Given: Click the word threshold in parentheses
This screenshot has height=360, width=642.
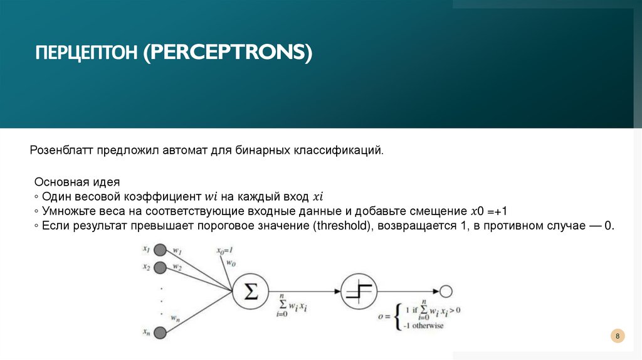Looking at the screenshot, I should tap(339, 226).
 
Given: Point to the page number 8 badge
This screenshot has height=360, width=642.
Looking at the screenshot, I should tap(618, 337).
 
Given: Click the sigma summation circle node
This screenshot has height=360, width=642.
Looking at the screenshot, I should tap(250, 291).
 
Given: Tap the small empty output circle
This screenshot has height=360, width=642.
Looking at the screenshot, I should tap(446, 291).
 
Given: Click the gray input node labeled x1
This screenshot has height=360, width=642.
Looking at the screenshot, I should tap(160, 249).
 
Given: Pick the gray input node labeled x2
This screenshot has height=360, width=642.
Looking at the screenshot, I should tap(160, 268).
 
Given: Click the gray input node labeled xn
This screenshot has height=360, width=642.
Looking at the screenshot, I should tap(160, 332).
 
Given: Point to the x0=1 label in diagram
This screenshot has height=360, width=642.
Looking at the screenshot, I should tap(224, 250).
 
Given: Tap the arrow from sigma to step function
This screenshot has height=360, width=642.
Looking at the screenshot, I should tap(304, 291).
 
